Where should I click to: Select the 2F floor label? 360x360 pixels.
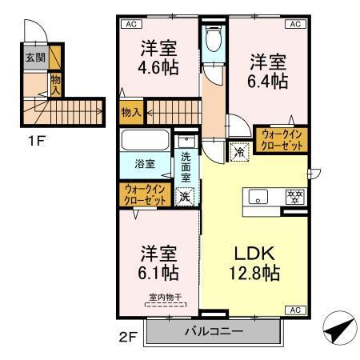point(129,336)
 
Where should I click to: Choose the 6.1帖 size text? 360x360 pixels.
point(158,273)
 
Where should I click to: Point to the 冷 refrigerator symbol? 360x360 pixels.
point(239,149)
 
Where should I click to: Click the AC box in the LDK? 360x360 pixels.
point(294,310)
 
